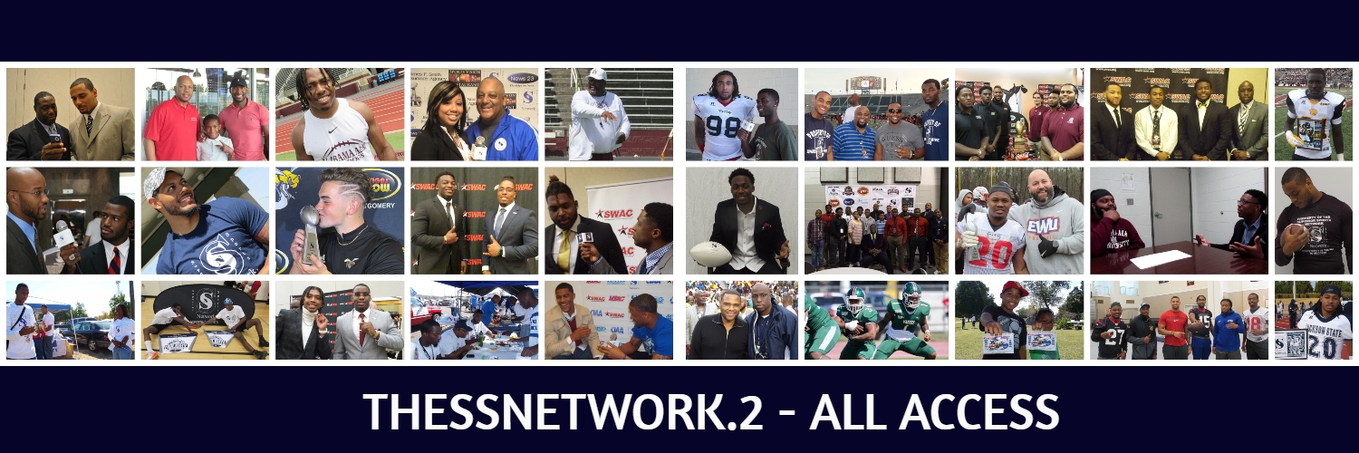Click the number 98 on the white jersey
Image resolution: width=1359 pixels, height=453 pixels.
coord(722,125)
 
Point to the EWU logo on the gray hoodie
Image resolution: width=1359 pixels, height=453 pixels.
coord(1043,226)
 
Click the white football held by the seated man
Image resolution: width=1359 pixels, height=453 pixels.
coord(711,254)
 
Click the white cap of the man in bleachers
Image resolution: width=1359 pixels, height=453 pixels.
coord(597,74)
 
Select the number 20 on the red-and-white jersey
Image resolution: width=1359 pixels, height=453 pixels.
coord(989,254)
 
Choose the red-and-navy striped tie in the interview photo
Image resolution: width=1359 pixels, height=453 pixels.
coord(115,261)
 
